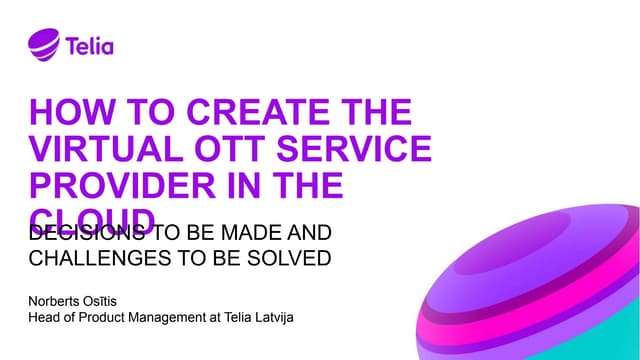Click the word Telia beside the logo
pos(90,45)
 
